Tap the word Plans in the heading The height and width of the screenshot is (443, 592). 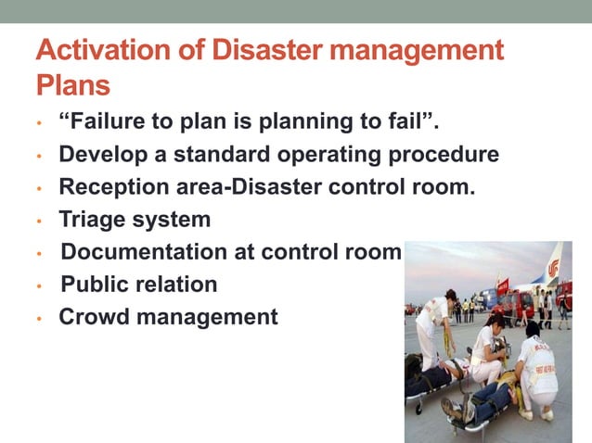(73, 85)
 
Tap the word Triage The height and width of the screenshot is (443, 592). (91, 221)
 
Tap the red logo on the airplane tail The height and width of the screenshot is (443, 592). (554, 268)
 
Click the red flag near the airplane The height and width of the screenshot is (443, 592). (503, 280)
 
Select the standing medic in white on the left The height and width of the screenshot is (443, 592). (434, 324)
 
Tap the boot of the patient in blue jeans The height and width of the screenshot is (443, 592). (452, 409)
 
